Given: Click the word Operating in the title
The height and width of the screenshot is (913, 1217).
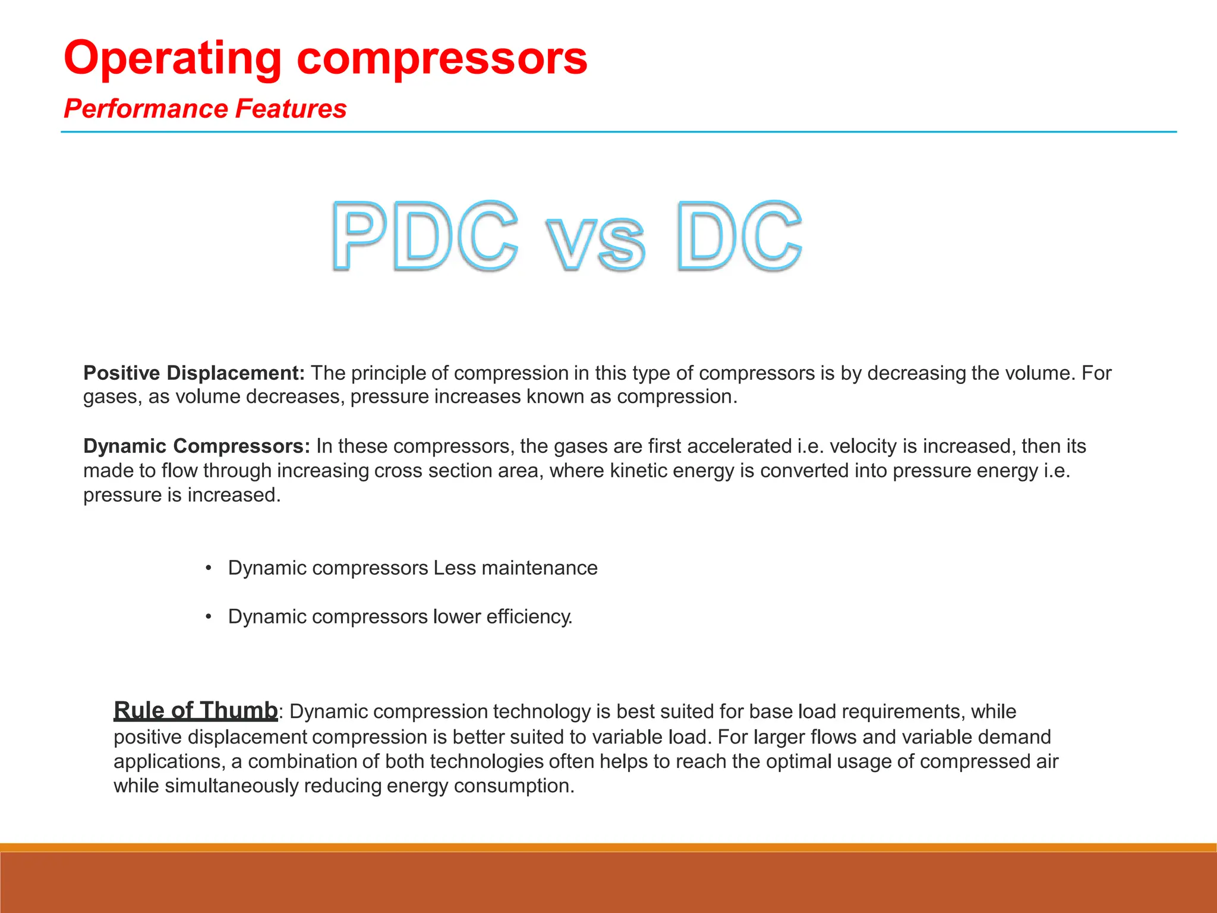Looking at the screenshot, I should (172, 58).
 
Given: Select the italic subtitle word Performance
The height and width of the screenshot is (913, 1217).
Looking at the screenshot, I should (146, 109).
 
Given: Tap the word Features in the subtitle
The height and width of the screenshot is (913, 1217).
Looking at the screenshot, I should (291, 109).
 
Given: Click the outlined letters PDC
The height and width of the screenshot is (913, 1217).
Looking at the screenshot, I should (424, 236).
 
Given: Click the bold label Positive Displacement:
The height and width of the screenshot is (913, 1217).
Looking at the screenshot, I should (194, 373).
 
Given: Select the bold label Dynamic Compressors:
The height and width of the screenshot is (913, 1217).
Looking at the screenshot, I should (197, 446).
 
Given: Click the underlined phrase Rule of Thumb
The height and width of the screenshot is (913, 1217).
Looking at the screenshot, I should (196, 710).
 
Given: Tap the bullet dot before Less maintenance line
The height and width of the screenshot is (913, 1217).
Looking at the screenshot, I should (209, 568).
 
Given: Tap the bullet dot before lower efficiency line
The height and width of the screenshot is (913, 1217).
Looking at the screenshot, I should (209, 617).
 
